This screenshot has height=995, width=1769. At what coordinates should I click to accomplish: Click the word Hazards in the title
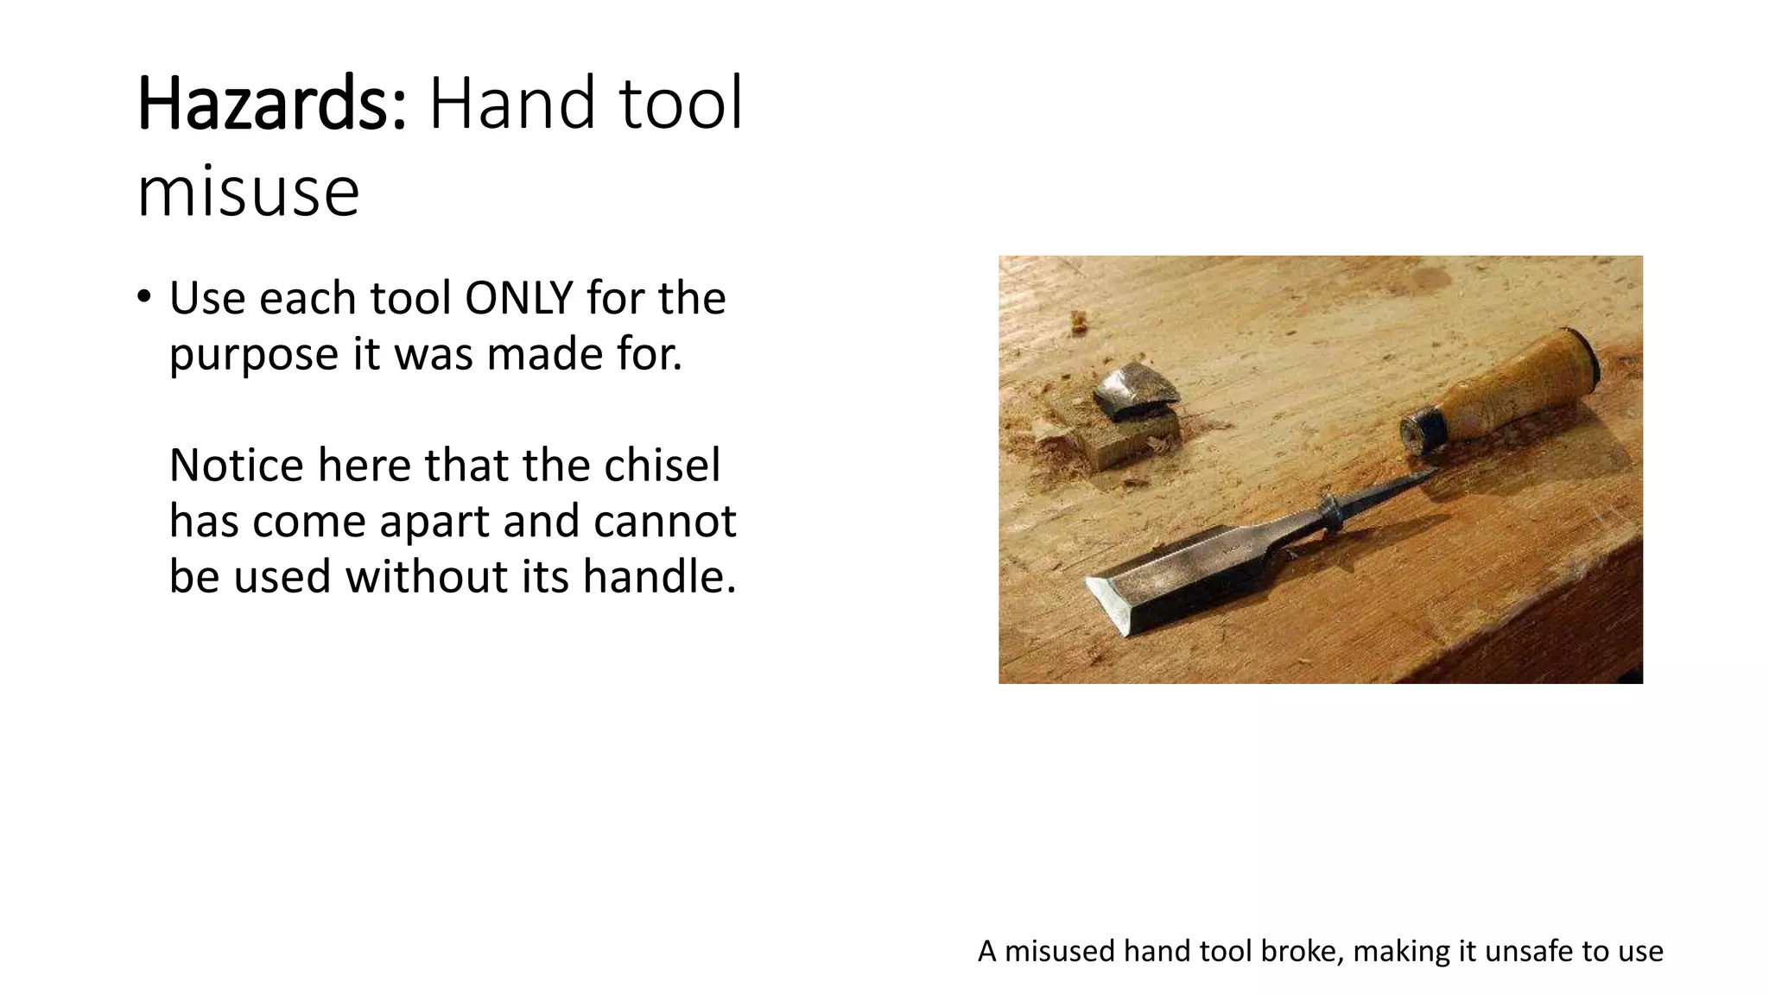(270, 105)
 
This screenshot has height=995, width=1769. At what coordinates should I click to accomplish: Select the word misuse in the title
(248, 192)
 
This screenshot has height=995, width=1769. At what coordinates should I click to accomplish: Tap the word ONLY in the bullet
(519, 299)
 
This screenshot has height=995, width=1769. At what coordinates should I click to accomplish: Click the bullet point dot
(143, 297)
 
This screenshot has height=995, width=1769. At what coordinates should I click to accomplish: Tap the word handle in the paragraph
(658, 576)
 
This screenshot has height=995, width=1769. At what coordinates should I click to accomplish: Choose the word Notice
(237, 466)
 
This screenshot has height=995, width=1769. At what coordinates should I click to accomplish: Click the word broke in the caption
(1302, 951)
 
